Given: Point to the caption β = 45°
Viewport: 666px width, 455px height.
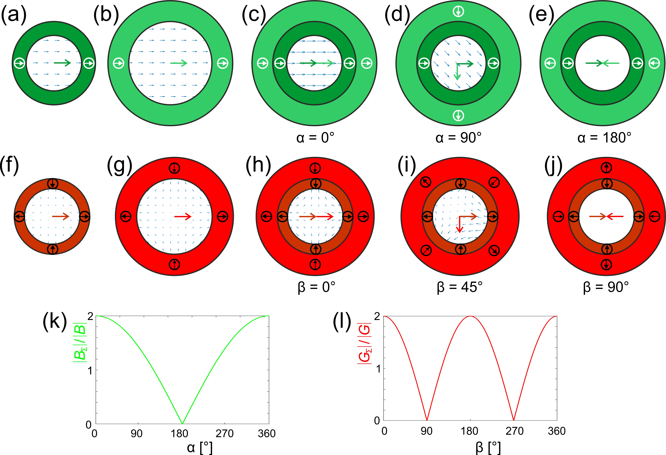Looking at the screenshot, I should coord(460,287).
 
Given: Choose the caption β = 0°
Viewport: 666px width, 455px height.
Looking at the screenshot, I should coord(316,287).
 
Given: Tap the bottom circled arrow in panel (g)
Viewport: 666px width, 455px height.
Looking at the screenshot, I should coord(174,264).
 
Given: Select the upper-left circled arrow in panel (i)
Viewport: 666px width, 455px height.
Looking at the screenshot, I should coord(426,182).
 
